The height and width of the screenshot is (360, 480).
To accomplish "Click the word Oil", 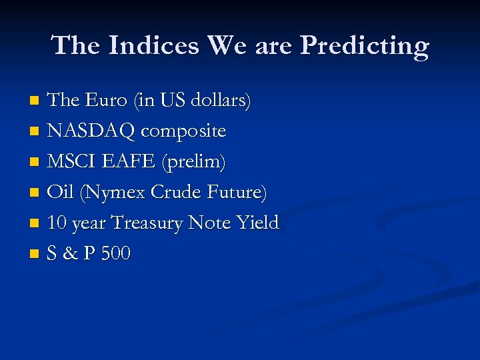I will (61, 193).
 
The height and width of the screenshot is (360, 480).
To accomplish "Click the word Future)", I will (239, 193).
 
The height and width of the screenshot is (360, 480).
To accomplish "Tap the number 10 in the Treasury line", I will (57, 223).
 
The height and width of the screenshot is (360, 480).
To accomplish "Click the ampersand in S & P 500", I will (69, 254).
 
